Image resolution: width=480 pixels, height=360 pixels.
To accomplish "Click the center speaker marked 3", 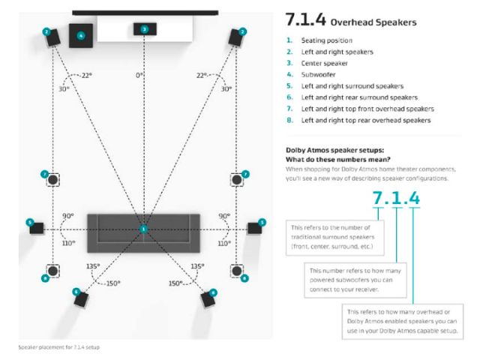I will click(144, 28).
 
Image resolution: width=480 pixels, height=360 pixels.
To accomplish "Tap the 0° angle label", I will click(139, 76).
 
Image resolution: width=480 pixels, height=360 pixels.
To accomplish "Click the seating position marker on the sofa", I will click(143, 228).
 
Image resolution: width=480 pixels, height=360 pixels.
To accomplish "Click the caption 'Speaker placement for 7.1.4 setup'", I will click(58, 346).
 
